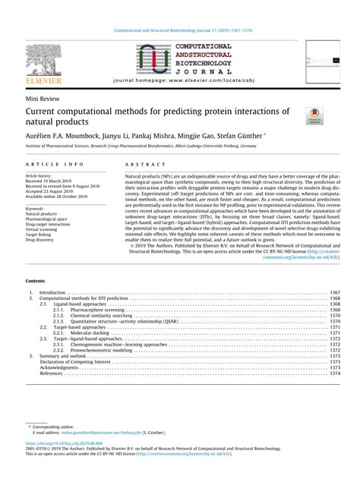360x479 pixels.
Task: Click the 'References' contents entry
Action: click(x=51, y=373)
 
